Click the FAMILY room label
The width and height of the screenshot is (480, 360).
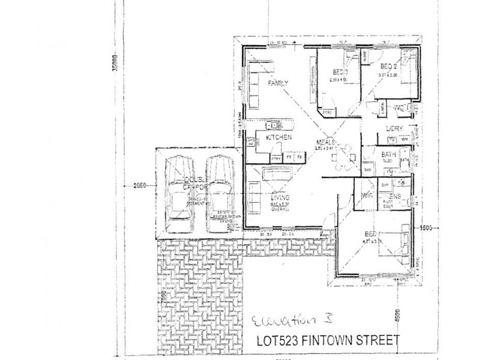coord(278,83)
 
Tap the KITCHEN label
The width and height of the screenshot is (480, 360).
coord(278,138)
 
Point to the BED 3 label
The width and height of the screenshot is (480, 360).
coord(340,73)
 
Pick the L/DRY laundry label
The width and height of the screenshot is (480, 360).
coord(394,128)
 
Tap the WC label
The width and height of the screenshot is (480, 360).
coord(399,108)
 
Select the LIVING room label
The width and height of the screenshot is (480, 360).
coord(280,197)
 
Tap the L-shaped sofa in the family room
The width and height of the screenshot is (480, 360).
coord(255,89)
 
